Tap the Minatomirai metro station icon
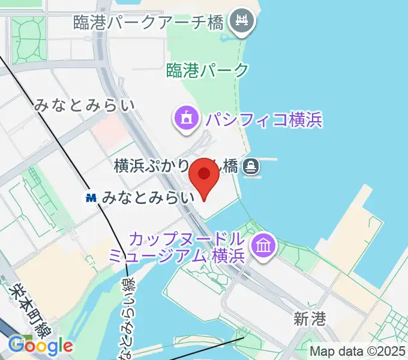pyautogui.click(x=91, y=197)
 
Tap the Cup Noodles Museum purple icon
pyautogui.click(x=263, y=245)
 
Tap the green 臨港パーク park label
pyautogui.click(x=208, y=70)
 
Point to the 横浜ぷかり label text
pyautogui.click(x=150, y=166)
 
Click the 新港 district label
pyautogui.click(x=310, y=319)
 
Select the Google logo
pyautogui.click(x=40, y=346)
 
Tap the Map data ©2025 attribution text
pyautogui.click(x=357, y=351)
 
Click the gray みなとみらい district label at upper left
pyautogui.click(x=84, y=106)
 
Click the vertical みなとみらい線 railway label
pyautogui.click(x=128, y=318)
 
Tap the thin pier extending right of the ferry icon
pyautogui.click(x=269, y=160)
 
